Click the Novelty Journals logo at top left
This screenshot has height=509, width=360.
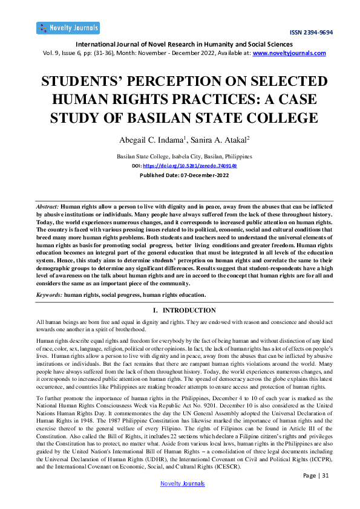point(68,28)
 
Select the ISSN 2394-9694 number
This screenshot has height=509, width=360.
point(311,33)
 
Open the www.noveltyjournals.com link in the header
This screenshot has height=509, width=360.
point(289,53)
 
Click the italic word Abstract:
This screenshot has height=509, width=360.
point(48,207)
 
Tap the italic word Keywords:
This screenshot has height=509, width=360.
point(49,294)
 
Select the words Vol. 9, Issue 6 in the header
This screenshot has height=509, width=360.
point(59,53)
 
